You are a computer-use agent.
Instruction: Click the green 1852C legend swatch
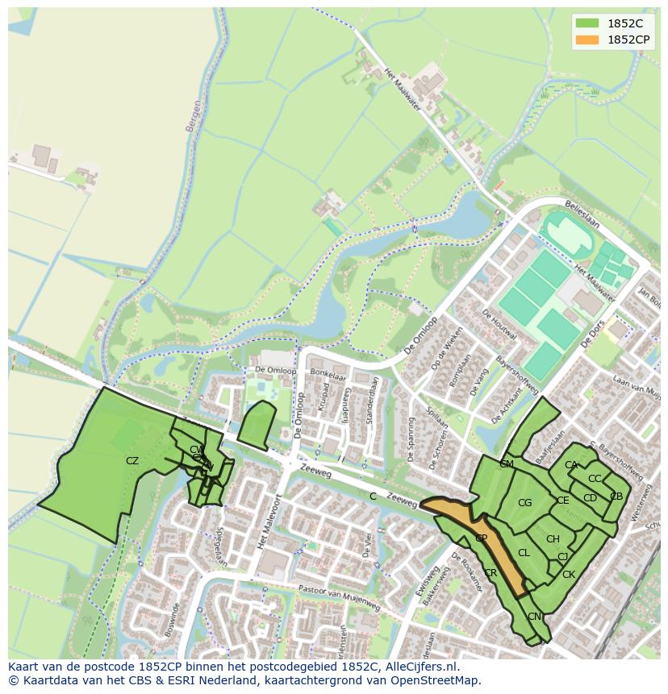click(x=587, y=23)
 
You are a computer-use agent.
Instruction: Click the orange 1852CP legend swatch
click(x=587, y=39)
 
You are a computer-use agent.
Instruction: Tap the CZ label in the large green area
click(x=132, y=461)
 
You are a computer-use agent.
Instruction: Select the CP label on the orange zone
click(x=481, y=538)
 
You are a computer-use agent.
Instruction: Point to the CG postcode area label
click(x=524, y=503)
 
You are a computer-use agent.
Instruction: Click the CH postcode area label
click(x=553, y=539)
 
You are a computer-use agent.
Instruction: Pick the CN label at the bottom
click(x=534, y=617)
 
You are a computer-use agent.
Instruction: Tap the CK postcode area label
click(x=569, y=575)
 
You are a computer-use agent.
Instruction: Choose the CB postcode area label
click(x=616, y=497)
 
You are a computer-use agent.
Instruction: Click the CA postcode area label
click(x=571, y=465)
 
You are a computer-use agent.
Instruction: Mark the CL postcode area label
click(x=524, y=553)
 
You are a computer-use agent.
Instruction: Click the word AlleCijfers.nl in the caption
click(x=420, y=667)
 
